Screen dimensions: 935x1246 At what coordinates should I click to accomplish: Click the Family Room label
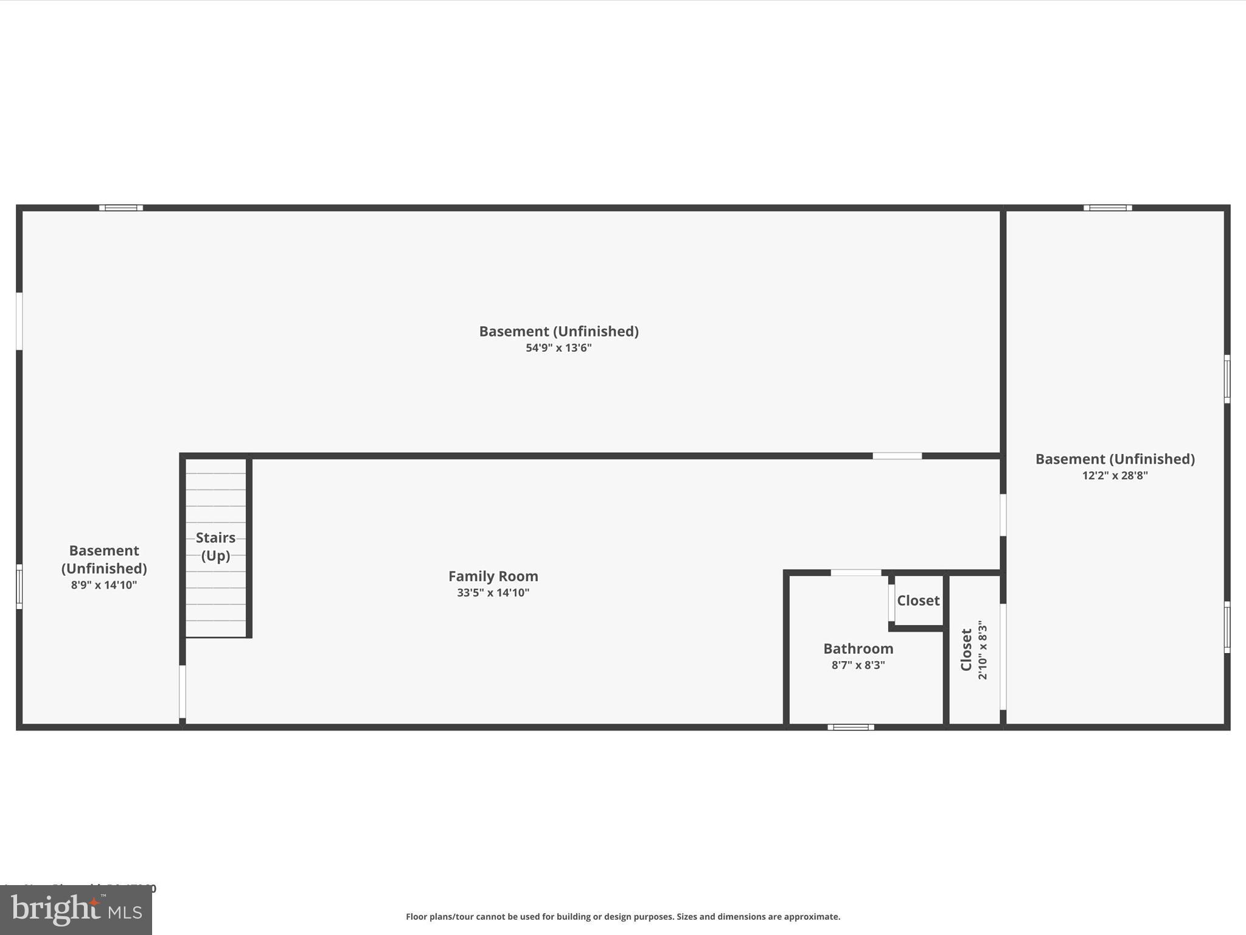click(493, 576)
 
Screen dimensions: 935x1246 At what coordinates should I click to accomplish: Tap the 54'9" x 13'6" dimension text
click(559, 348)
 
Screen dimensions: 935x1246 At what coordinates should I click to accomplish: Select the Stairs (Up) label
click(215, 546)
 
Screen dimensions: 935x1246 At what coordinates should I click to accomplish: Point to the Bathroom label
click(858, 648)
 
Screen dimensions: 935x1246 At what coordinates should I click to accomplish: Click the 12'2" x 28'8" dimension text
click(1115, 475)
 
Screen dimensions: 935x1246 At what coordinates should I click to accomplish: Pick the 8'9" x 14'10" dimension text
click(104, 585)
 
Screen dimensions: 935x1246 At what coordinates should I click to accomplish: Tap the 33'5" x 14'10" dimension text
click(493, 593)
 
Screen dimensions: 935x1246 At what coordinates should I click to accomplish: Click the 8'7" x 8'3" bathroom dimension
click(858, 665)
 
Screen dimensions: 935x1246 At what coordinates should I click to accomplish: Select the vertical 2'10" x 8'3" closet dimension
click(983, 650)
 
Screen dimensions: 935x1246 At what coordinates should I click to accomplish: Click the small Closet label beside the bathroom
click(918, 601)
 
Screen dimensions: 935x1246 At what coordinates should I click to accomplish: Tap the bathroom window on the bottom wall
click(851, 727)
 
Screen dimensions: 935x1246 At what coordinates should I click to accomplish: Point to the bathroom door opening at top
click(855, 573)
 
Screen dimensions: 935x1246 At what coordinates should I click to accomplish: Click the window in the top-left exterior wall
click(121, 208)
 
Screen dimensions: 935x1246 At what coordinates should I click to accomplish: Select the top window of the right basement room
click(1107, 208)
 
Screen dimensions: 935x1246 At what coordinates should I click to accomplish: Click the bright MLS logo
click(76, 910)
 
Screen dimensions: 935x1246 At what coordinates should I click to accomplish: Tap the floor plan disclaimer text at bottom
click(623, 917)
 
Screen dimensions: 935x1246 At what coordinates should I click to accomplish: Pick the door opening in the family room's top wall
click(897, 456)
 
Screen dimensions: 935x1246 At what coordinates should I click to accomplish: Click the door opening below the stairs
click(182, 692)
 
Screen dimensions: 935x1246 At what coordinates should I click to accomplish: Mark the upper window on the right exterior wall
click(1227, 379)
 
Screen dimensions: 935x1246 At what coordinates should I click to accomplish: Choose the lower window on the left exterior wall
click(19, 586)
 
